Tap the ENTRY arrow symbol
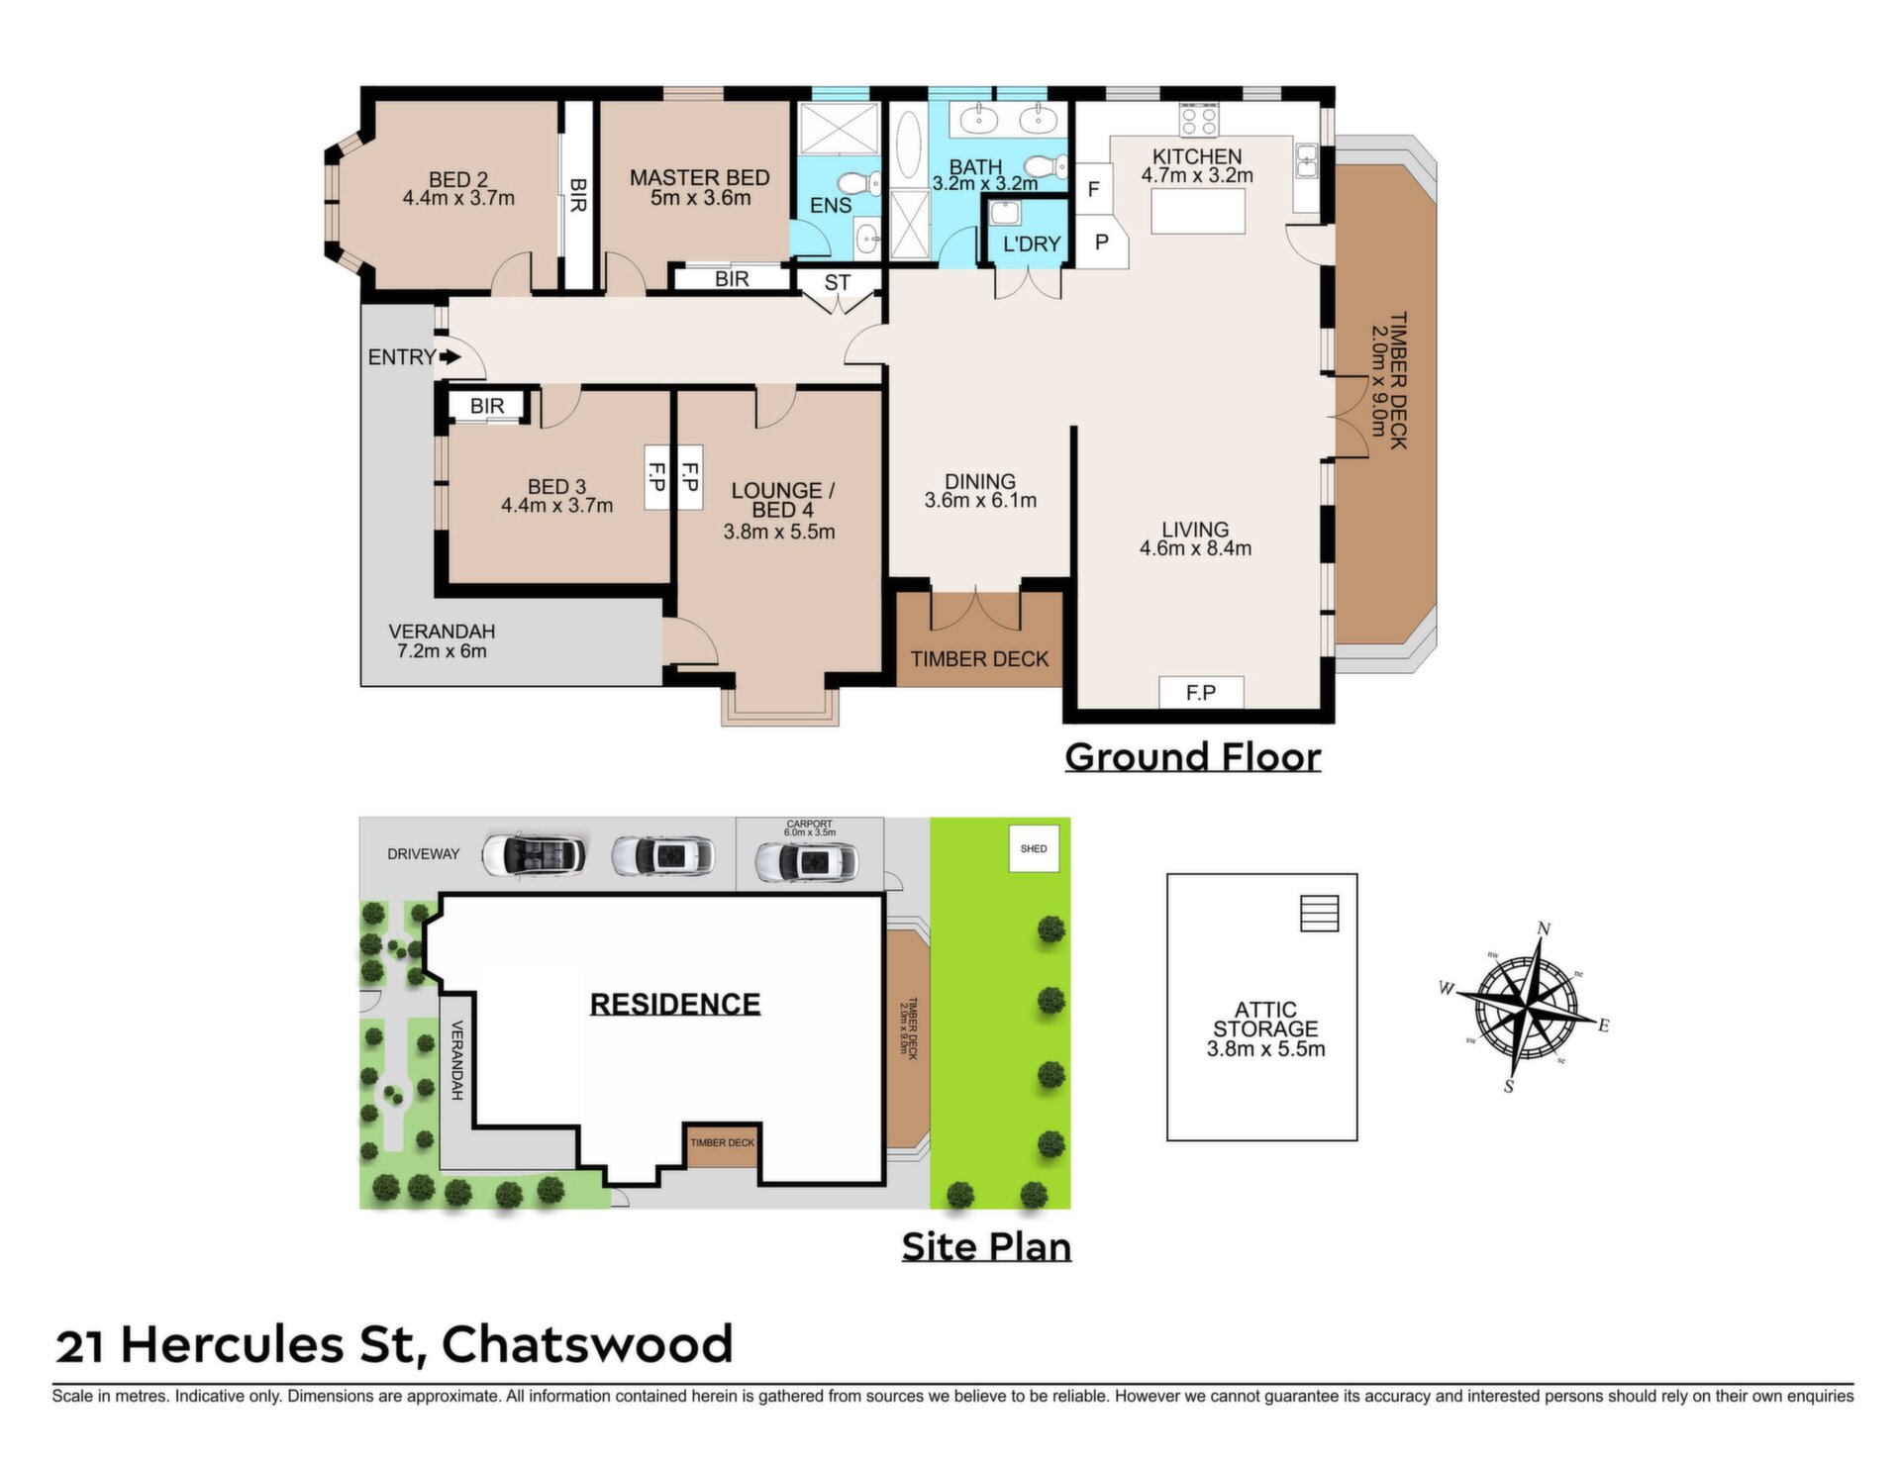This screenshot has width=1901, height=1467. click(450, 356)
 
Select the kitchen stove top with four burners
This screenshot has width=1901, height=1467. click(1199, 120)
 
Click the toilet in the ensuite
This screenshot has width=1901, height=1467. click(859, 183)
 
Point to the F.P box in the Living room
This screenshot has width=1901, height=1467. click(1201, 692)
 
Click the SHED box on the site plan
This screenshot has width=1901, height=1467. click(1034, 848)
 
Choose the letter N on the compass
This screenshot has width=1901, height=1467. click(1543, 929)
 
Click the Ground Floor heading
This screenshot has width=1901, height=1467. click(1192, 757)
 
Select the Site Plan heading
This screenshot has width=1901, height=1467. click(986, 1246)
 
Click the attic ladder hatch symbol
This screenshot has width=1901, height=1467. click(1319, 914)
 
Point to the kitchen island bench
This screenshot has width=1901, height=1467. click(1198, 211)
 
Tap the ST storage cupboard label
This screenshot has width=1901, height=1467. click(838, 282)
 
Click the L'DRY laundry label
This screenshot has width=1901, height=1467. click(1031, 244)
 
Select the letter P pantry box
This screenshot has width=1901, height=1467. click(1102, 243)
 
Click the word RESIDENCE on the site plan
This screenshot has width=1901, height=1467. click(675, 1004)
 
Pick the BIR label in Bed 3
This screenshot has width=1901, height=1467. click(487, 406)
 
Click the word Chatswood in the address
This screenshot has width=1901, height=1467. click(587, 1344)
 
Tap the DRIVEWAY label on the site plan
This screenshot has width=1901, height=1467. click(423, 854)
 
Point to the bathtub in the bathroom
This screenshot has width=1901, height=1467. click(907, 146)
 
